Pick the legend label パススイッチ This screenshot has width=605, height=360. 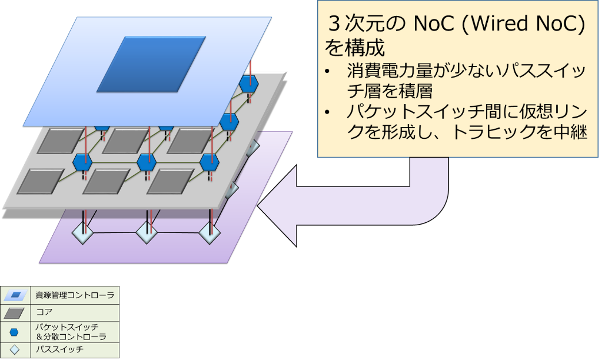tap(59, 349)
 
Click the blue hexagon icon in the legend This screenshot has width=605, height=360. tap(14, 332)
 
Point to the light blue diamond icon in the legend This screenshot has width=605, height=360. tap(14, 350)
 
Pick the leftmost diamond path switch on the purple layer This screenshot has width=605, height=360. tap(82, 234)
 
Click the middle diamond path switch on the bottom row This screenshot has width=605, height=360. tap(147, 234)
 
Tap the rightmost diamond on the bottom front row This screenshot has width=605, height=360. tap(209, 234)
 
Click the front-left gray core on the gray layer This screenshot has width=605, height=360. tap(40, 181)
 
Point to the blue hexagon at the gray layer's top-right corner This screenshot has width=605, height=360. tap(248, 84)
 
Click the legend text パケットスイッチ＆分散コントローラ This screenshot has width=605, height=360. tap(71, 332)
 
